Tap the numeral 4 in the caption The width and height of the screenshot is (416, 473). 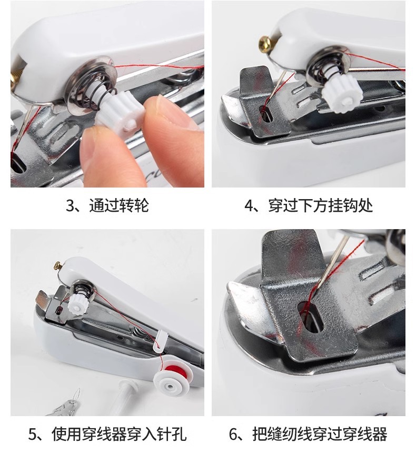[x=249, y=206]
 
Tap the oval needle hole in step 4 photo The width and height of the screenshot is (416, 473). [x=266, y=114]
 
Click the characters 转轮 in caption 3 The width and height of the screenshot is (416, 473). [x=134, y=206]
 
